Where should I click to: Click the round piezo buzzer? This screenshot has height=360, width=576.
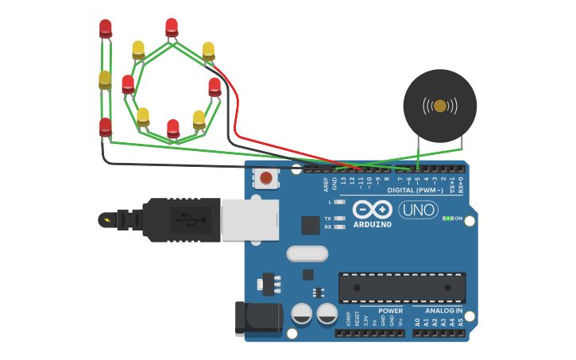click(x=439, y=106)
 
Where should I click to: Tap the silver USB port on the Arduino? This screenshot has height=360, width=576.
click(x=249, y=219)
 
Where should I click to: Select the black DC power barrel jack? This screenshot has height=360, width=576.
click(x=258, y=318)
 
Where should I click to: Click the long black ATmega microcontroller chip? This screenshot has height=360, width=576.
click(x=402, y=287)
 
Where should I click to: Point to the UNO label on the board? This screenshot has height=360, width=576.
click(x=418, y=210)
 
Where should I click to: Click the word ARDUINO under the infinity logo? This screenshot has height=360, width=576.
click(x=373, y=225)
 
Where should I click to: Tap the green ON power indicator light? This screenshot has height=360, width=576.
click(x=449, y=218)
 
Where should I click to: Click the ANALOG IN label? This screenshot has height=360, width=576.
click(x=443, y=311)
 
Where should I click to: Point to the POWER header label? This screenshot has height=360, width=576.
click(x=390, y=311)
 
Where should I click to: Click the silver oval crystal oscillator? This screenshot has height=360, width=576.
click(x=307, y=254)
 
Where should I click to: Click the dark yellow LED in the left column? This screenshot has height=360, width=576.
click(x=105, y=79)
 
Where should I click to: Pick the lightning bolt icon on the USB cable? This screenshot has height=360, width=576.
click(x=106, y=219)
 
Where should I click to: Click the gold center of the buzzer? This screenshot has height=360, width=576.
click(x=439, y=106)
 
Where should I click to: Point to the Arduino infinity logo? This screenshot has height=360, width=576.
click(x=373, y=210)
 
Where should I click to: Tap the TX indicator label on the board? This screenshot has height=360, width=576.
click(x=327, y=219)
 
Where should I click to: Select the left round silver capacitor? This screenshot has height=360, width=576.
click(x=302, y=313)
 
